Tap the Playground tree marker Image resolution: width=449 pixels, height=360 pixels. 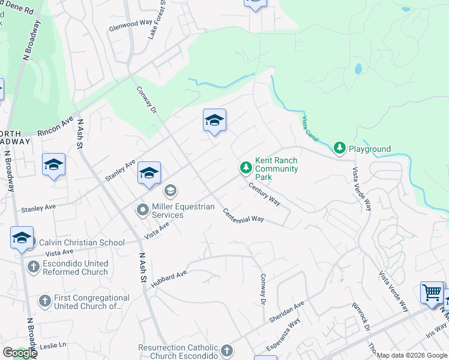340,148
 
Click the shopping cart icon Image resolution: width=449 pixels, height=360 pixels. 432,293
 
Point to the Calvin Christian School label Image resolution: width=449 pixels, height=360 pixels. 74,243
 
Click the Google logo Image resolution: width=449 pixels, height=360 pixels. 19,353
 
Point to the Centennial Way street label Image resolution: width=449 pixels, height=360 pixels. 244,215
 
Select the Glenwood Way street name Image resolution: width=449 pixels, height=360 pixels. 130,25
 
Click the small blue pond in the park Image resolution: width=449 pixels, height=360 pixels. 358,69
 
